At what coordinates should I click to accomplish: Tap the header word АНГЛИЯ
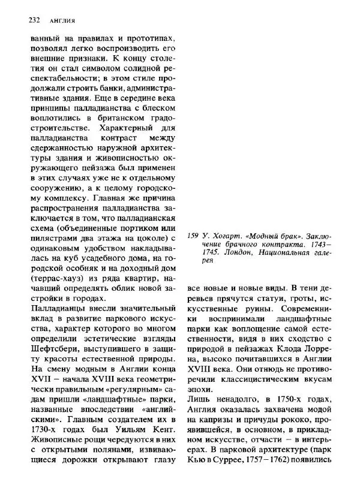pos(62,21)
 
